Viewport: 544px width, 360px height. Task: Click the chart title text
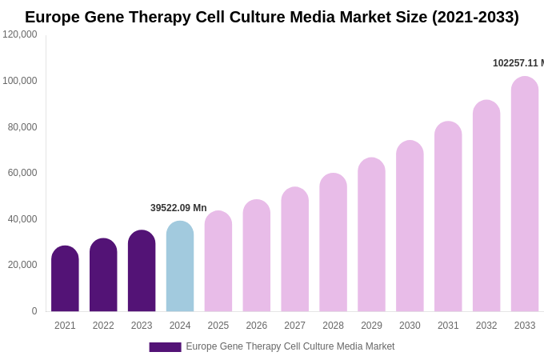coord(272,17)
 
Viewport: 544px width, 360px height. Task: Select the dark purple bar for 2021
coord(65,279)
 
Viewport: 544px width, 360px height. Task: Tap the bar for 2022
coord(103,275)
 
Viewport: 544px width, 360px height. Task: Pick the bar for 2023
coord(142,271)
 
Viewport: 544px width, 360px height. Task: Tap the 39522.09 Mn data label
coord(178,208)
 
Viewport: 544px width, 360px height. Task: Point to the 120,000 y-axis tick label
coord(20,34)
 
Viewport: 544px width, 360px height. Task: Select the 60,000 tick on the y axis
coord(22,173)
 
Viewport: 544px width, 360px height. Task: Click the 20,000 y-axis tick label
coord(22,265)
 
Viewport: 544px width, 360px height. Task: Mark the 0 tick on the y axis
coord(34,311)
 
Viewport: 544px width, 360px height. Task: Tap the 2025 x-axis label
coord(218,326)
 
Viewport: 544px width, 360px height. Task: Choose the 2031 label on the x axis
coord(448,326)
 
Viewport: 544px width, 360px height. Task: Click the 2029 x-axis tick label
coord(371,326)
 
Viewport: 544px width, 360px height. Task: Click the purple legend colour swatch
coord(165,346)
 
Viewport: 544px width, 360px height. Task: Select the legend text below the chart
coord(290,346)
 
